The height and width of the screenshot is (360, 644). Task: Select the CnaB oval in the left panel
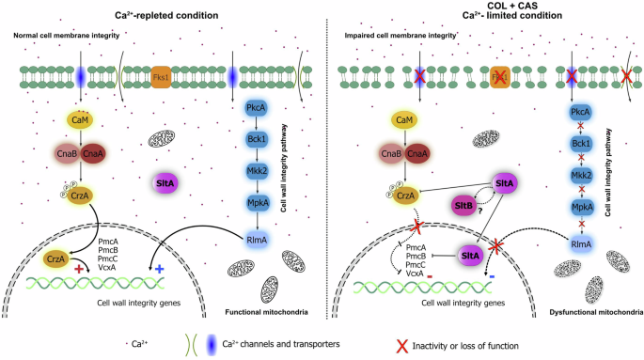[68, 154]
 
